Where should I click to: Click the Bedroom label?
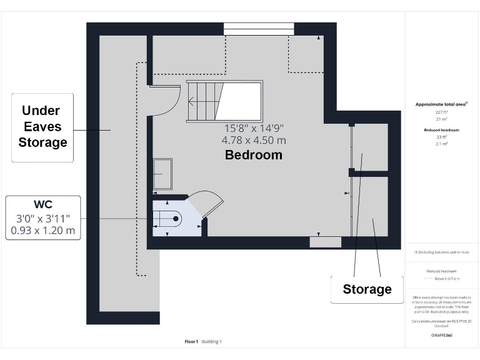tap(253, 154)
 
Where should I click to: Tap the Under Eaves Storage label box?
tap(42, 127)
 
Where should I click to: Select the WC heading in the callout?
tap(43, 204)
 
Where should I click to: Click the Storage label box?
tap(367, 289)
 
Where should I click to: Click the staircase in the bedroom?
tap(224, 101)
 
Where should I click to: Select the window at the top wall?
tap(259, 29)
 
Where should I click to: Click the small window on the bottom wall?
tap(326, 242)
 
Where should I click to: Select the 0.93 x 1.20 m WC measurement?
tap(43, 231)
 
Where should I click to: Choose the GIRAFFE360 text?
tap(441, 336)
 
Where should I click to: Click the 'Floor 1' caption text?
tap(191, 341)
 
